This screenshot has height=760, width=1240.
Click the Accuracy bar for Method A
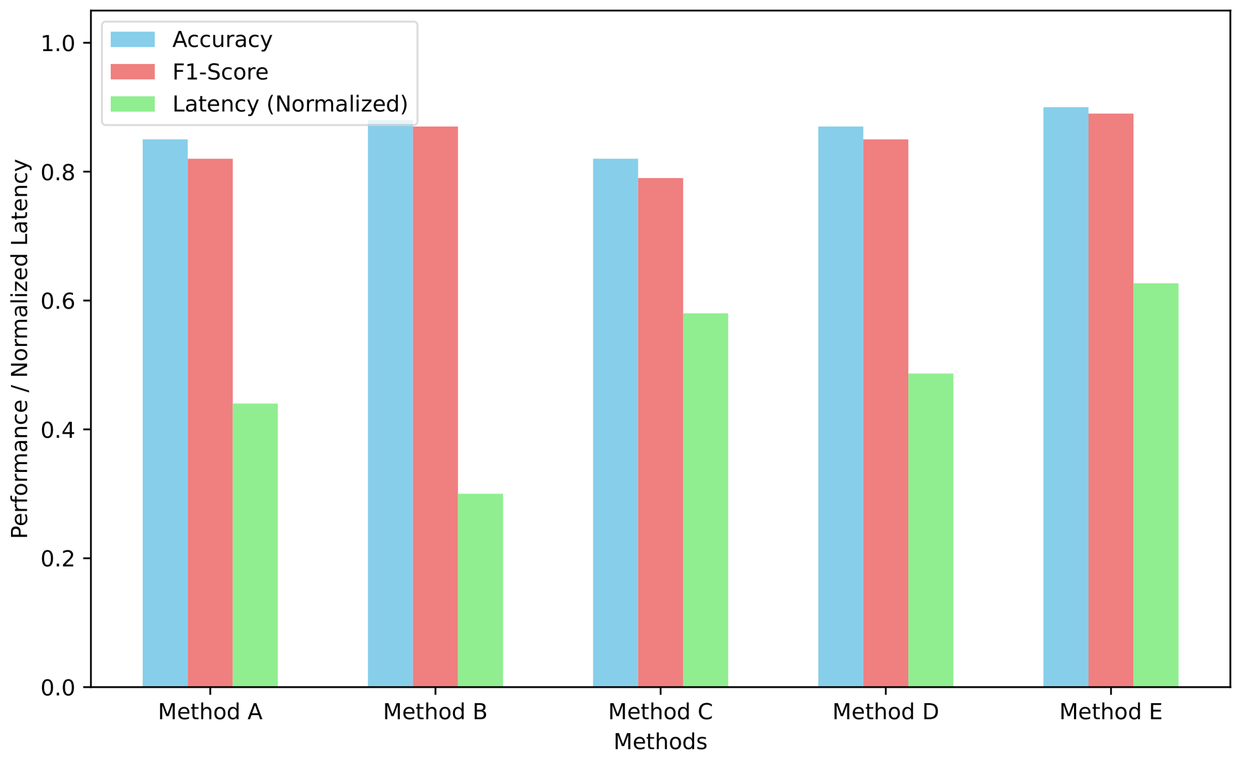coord(165,413)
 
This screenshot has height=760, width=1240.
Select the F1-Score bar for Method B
coord(435,407)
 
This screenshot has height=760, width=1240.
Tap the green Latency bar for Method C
coord(705,500)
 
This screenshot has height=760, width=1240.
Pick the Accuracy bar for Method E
coord(1066,397)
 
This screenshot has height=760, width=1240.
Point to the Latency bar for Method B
coord(480,590)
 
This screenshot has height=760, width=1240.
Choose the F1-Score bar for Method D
coord(885,413)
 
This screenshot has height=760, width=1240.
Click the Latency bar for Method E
coord(1156,485)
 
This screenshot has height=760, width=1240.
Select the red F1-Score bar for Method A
coord(210,423)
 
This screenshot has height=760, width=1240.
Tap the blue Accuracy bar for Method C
coord(615,423)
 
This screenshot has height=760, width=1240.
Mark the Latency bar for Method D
coord(931,530)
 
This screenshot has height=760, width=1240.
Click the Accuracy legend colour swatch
coord(132,39)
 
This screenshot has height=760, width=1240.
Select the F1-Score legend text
coord(220,72)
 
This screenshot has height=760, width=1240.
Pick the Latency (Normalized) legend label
coord(290,104)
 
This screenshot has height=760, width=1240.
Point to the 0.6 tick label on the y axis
coord(58,301)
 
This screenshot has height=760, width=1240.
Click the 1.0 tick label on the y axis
coord(58,43)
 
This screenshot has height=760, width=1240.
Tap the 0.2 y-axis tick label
coord(58,558)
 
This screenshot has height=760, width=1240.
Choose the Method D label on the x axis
coord(885,712)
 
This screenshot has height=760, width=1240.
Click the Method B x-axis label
coord(435,712)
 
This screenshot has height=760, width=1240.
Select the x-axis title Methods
coord(660,742)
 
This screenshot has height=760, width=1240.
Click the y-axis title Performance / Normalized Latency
coord(20,349)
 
